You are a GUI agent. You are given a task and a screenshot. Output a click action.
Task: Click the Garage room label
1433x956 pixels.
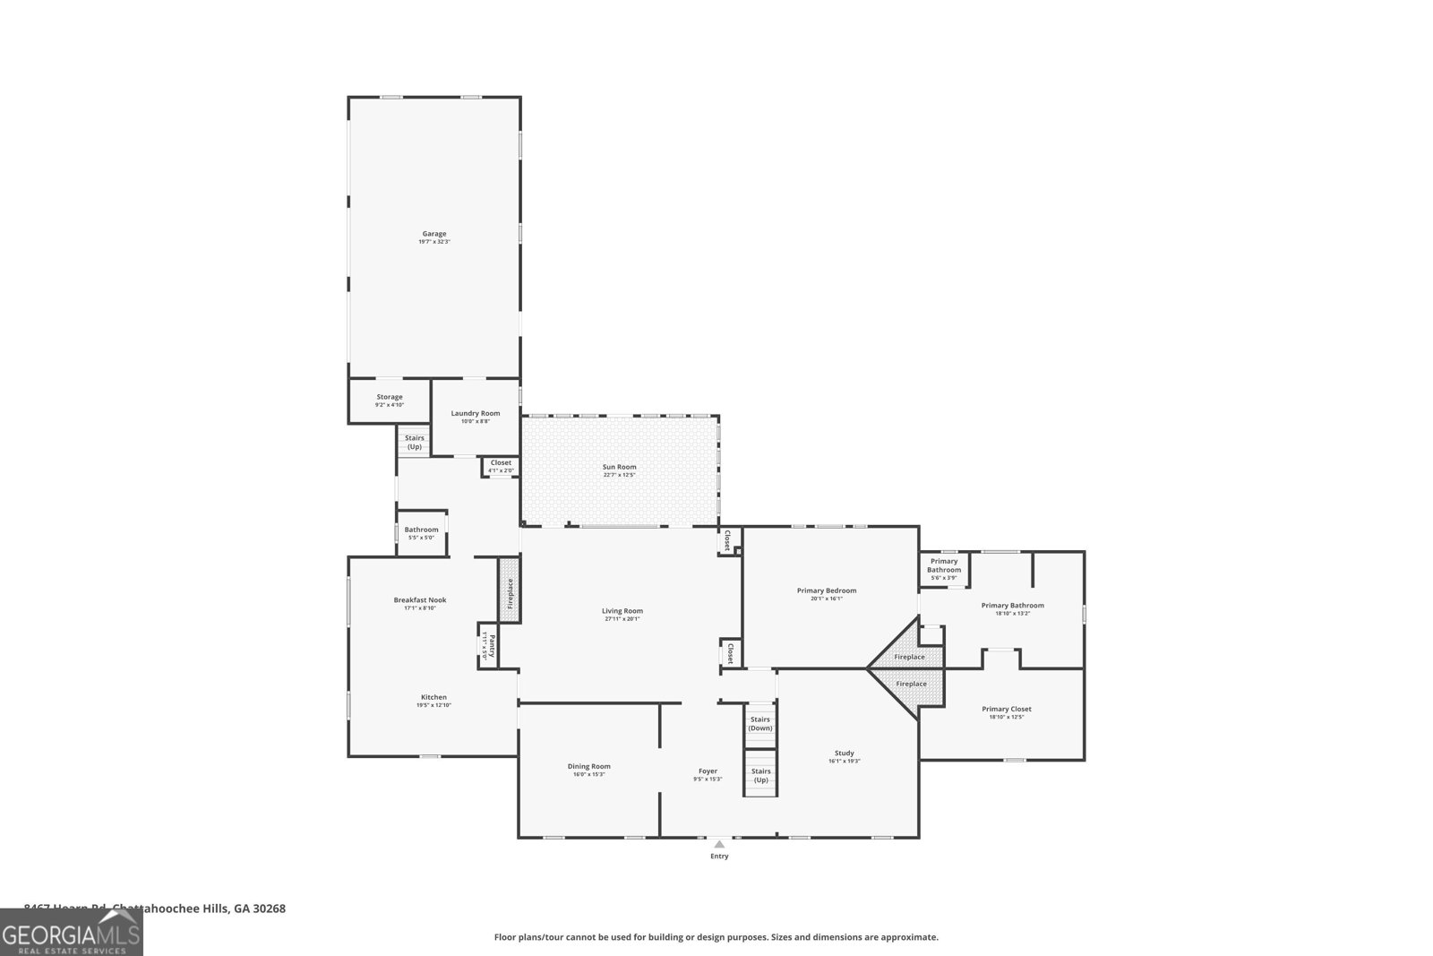coord(434,234)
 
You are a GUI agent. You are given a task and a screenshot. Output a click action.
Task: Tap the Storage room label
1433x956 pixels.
coord(390,397)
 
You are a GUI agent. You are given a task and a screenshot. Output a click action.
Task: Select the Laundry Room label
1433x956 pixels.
coord(476,413)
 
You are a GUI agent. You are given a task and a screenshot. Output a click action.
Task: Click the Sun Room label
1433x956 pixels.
coord(619,467)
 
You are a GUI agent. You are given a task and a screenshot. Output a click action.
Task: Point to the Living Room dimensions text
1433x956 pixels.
coord(622,618)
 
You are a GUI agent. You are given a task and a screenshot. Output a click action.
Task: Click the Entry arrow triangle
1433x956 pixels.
coord(719,844)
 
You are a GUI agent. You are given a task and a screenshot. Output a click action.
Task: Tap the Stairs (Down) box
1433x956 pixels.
coord(760,723)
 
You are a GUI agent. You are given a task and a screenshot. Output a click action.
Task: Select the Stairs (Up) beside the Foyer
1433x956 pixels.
coord(760,775)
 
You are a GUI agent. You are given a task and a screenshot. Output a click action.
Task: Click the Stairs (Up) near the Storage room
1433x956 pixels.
coord(415,442)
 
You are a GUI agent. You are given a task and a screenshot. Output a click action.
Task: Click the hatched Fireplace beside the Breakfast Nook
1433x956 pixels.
coord(509,592)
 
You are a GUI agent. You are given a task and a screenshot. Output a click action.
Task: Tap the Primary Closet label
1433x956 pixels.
coord(1007,709)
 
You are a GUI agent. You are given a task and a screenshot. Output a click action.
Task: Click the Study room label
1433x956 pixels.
coord(844,753)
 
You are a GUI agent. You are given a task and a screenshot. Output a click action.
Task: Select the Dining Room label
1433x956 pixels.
coord(588,766)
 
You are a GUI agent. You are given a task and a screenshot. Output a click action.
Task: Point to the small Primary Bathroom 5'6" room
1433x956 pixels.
coord(944,569)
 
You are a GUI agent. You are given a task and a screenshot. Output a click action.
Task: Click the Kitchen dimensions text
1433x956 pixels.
coord(433,705)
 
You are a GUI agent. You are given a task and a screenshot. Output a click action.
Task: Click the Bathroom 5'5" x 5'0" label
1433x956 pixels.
coord(421,530)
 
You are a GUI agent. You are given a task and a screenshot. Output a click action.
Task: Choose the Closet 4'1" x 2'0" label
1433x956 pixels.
coord(501,463)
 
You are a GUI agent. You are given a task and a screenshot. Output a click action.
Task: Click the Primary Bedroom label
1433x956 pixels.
coord(827,590)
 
